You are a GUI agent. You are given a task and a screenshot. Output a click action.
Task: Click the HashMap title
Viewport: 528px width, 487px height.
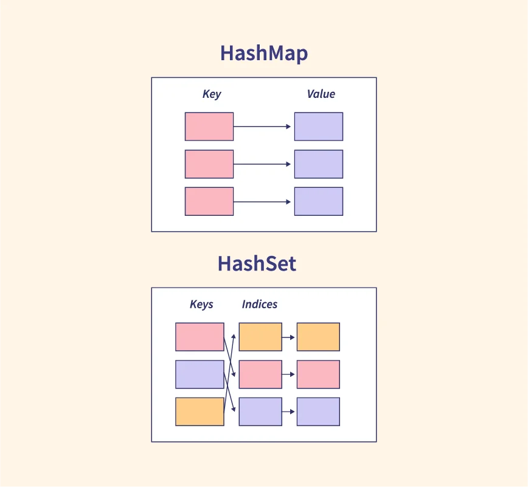264,54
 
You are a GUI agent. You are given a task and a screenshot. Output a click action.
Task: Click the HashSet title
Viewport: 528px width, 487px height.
257,264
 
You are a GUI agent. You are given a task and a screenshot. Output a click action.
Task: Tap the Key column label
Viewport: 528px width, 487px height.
212,94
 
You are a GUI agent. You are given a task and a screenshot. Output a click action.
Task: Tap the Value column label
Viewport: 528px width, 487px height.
321,94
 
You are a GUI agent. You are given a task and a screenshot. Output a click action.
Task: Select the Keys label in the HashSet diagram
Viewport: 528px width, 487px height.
201,304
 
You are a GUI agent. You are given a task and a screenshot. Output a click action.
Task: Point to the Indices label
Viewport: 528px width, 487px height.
260,304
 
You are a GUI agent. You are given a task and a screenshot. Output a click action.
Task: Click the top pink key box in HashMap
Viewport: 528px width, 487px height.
209,126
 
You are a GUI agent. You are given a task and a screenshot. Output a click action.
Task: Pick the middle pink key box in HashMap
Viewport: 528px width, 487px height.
209,164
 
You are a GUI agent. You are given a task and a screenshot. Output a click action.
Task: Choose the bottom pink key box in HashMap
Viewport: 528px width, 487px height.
209,201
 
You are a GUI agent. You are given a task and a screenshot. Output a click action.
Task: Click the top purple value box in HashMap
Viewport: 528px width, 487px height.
318,126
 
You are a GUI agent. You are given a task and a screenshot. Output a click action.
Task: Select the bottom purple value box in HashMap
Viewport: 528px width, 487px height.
318,201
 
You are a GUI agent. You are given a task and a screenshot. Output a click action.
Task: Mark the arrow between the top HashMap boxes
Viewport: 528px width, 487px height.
263,126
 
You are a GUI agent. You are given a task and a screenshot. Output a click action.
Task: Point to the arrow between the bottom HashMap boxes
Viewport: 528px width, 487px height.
263,201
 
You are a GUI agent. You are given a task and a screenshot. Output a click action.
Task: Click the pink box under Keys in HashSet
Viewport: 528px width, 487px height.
200,337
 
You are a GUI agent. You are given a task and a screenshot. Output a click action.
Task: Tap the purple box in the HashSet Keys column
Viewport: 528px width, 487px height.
200,375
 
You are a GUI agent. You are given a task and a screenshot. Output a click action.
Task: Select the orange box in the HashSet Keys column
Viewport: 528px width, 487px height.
200,412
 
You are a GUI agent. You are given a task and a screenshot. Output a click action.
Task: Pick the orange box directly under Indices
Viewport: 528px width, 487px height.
260,337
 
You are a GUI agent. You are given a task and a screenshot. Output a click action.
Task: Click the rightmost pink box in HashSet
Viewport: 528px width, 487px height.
318,375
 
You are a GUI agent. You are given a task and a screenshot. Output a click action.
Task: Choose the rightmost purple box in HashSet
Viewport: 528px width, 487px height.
318,412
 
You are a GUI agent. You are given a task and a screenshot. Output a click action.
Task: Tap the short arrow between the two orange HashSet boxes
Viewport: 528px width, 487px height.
289,337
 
